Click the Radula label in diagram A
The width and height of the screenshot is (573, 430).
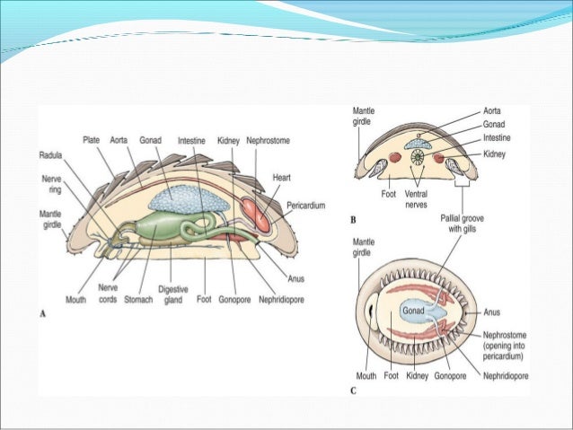[x=49, y=154]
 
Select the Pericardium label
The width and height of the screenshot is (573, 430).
[x=305, y=206]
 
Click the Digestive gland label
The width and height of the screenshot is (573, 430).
[x=172, y=295]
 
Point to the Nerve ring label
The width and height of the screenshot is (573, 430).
[x=51, y=184]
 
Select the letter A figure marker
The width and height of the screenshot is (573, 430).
[x=42, y=313]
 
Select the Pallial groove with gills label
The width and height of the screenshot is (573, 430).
[x=463, y=223]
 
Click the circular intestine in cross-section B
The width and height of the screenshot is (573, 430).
[x=416, y=160]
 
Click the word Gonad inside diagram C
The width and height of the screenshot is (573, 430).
[x=412, y=311]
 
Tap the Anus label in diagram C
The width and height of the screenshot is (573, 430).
[x=493, y=314]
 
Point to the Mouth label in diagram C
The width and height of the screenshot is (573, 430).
[x=366, y=376]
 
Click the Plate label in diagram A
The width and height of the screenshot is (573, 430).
[x=91, y=140]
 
